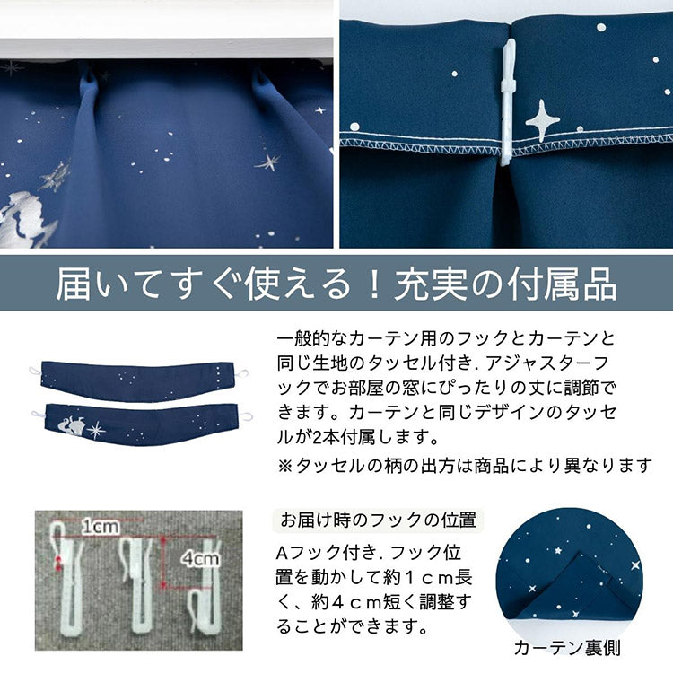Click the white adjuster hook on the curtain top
tap(508, 103)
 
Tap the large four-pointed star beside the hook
tap(542, 119)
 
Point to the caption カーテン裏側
tap(567, 647)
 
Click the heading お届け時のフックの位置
tap(378, 520)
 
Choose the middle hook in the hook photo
tap(138, 579)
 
